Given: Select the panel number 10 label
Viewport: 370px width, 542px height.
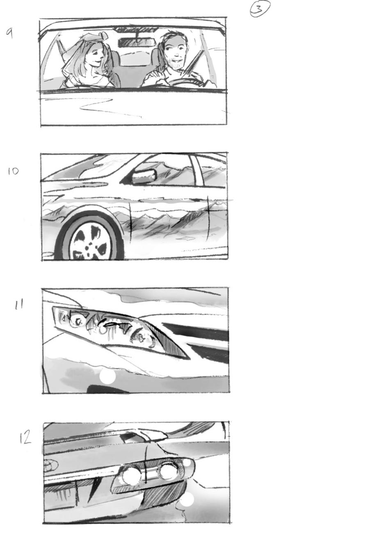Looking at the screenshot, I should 13,171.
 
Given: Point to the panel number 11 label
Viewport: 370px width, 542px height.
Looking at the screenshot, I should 18,304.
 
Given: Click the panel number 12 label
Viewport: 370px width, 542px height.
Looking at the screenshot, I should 25,438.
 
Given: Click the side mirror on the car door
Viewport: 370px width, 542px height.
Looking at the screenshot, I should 144,177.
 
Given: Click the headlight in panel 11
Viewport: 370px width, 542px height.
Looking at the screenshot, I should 119,328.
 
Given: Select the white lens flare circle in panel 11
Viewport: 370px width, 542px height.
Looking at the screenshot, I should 108,376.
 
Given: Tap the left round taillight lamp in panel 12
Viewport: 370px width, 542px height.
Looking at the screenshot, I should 130,475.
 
